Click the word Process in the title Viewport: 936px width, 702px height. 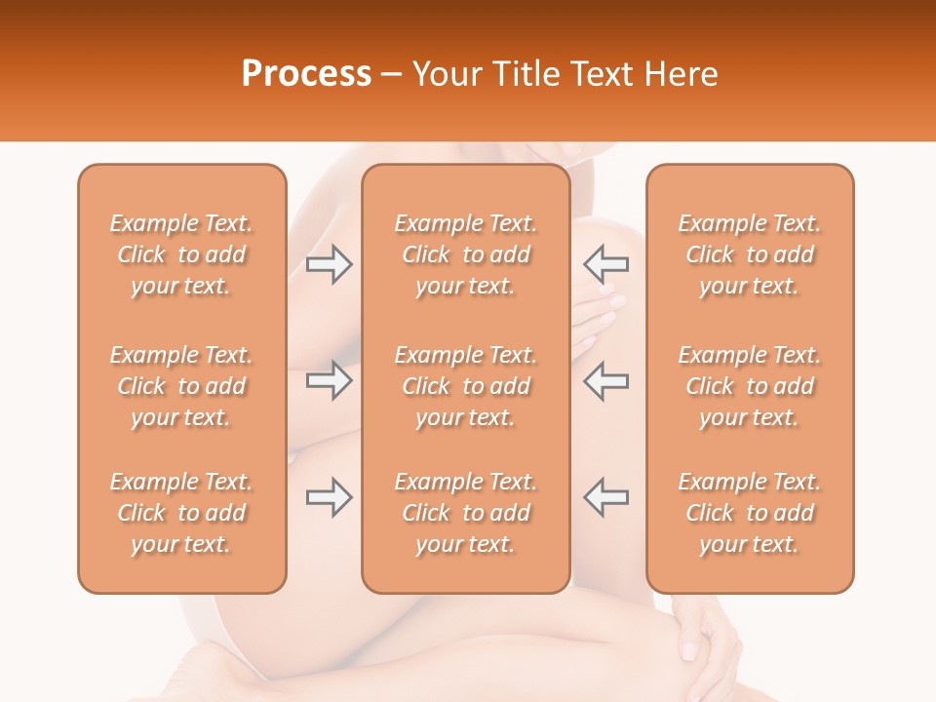(x=306, y=74)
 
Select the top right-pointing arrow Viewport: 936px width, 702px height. (x=330, y=264)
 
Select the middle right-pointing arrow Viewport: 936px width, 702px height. (x=330, y=380)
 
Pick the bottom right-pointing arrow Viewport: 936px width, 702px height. (x=330, y=497)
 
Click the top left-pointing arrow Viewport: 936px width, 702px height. (x=606, y=264)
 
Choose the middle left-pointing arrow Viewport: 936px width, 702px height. (x=606, y=380)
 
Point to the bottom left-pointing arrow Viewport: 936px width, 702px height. (x=606, y=497)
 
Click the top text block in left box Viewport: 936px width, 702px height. (x=181, y=254)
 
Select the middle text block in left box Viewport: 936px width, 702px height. (x=181, y=386)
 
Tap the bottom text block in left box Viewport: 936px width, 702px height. (x=181, y=513)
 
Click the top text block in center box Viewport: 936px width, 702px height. (x=466, y=254)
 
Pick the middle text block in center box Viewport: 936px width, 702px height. (x=466, y=386)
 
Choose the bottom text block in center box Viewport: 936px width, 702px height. (x=466, y=513)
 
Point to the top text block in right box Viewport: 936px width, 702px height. (x=750, y=254)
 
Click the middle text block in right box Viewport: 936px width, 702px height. (x=750, y=386)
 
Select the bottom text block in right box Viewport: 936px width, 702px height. (x=750, y=513)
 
